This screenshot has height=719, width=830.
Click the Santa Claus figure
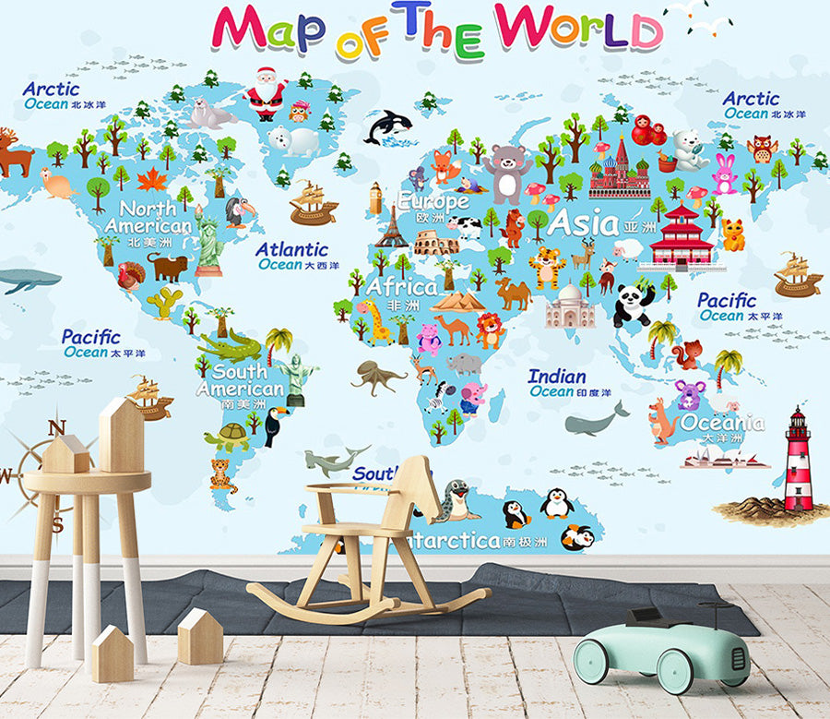pos(266,93)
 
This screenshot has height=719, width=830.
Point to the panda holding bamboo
pos(633,306)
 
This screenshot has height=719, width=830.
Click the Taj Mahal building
pos(570,307)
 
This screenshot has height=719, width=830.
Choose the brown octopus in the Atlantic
pos(377,377)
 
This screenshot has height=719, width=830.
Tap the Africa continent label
pos(402,286)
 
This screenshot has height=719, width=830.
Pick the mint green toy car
pos(661,650)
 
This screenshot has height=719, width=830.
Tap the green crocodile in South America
pos(230,348)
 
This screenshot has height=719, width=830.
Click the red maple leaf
pos(151,179)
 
